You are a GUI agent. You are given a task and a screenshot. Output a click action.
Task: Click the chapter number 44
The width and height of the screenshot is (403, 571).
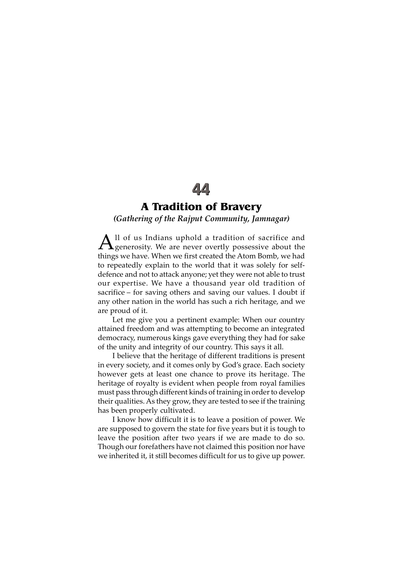(x=201, y=189)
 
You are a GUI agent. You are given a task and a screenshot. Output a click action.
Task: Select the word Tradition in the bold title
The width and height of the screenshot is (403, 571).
(x=177, y=207)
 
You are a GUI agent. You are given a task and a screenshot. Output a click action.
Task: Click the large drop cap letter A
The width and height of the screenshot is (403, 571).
(x=105, y=242)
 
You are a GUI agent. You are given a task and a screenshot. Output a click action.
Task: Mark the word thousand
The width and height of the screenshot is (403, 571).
(x=209, y=283)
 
